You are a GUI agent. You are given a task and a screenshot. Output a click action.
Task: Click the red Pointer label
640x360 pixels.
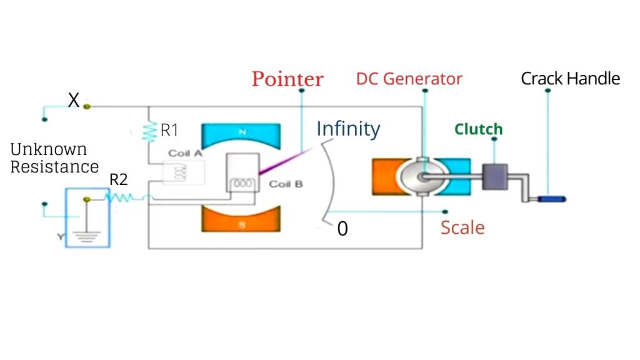click(x=287, y=79)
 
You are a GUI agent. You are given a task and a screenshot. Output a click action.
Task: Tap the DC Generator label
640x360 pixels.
click(x=409, y=79)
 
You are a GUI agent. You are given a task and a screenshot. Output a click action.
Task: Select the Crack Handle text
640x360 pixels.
click(x=570, y=79)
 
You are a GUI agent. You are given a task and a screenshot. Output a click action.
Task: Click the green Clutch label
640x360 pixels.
click(x=478, y=129)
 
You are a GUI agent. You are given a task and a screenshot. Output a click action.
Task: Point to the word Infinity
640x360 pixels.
click(x=348, y=129)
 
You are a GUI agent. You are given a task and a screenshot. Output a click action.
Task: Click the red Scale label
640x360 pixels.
click(x=462, y=227)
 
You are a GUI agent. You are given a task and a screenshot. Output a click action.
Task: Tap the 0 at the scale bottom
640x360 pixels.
click(x=342, y=229)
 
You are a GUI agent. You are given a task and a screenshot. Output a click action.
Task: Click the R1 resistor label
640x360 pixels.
click(x=170, y=131)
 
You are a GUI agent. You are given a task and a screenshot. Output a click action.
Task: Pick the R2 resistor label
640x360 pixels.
click(x=119, y=180)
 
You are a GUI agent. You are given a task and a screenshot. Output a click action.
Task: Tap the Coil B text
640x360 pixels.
click(x=285, y=184)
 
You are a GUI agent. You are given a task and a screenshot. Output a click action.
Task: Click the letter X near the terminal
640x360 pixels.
click(x=74, y=100)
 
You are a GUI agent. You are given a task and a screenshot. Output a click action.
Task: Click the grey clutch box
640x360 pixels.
click(x=497, y=176)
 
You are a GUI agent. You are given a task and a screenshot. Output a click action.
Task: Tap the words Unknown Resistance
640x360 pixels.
click(x=54, y=158)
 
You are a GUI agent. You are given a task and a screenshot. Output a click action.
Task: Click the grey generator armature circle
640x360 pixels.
click(x=421, y=177)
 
